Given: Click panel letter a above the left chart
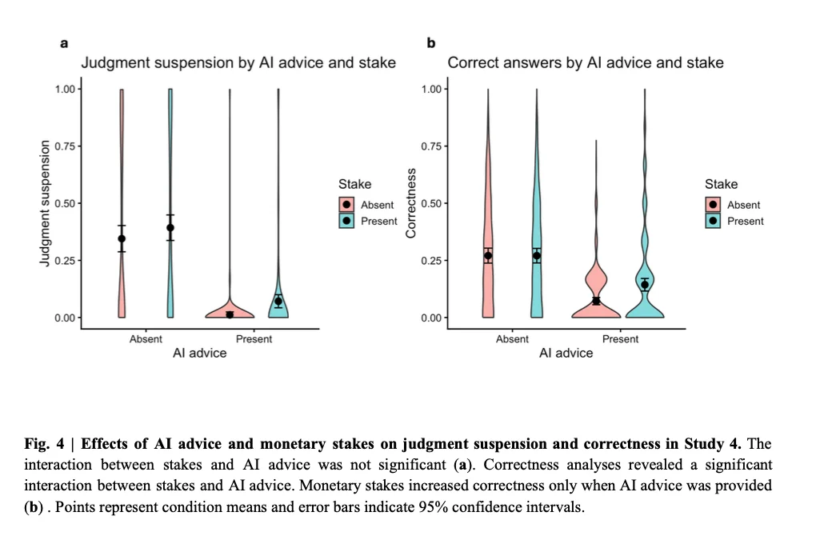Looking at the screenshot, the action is pyautogui.click(x=64, y=43).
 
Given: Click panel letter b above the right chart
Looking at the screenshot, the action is pyautogui.click(x=431, y=42).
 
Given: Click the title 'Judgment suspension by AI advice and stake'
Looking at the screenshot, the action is pyautogui.click(x=238, y=63).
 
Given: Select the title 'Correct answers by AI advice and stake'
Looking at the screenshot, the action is pyautogui.click(x=586, y=63).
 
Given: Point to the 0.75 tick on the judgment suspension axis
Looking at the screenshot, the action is pyautogui.click(x=65, y=146).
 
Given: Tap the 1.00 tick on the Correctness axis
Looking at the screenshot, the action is pyautogui.click(x=431, y=89).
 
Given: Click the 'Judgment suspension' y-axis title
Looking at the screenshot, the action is pyautogui.click(x=45, y=203).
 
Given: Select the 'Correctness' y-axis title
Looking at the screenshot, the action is pyautogui.click(x=411, y=203).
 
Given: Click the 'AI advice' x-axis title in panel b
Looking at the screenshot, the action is pyautogui.click(x=566, y=354).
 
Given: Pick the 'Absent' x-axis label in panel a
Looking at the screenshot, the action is pyautogui.click(x=146, y=339).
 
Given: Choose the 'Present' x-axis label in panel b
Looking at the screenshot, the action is pyautogui.click(x=620, y=339).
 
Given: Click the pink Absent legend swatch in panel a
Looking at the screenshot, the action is pyautogui.click(x=346, y=205).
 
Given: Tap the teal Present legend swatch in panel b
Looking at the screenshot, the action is pyautogui.click(x=713, y=221).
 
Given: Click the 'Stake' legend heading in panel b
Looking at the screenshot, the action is pyautogui.click(x=721, y=184).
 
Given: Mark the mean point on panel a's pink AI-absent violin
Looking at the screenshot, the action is pyautogui.click(x=122, y=239).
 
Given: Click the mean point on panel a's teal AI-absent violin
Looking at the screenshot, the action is pyautogui.click(x=170, y=227).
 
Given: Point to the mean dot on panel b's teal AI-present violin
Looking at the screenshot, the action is pyautogui.click(x=645, y=285).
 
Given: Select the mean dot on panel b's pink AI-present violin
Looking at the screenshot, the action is pyautogui.click(x=596, y=301).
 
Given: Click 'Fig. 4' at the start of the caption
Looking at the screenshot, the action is pyautogui.click(x=44, y=444).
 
